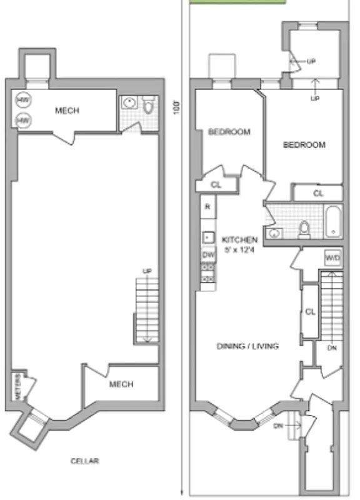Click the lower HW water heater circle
pyautogui.click(x=23, y=119)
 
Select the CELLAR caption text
pyautogui.click(x=85, y=461)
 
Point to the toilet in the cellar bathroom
pyautogui.click(x=148, y=106)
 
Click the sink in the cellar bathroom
pyautogui.click(x=130, y=103)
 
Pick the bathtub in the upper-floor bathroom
pyautogui.click(x=333, y=221)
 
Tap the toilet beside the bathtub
pyautogui.click(x=305, y=229)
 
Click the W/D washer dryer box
pyautogui.click(x=331, y=257)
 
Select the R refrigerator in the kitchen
pyautogui.click(x=207, y=206)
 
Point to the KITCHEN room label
pyautogui.click(x=239, y=239)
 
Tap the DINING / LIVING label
pyautogui.click(x=247, y=346)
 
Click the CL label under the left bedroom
pyautogui.click(x=216, y=185)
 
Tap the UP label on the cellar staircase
pyautogui.click(x=147, y=271)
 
